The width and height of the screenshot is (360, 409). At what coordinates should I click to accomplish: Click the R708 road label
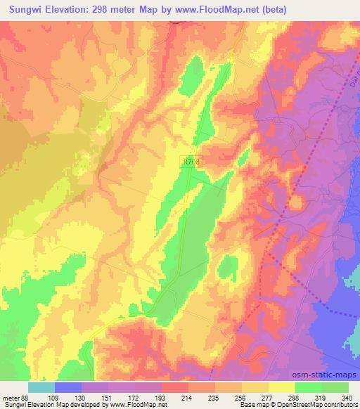(x=190, y=161)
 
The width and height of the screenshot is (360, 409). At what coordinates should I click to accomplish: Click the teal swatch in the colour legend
(x=41, y=387)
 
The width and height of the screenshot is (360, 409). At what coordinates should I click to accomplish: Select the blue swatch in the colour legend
(x=68, y=387)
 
